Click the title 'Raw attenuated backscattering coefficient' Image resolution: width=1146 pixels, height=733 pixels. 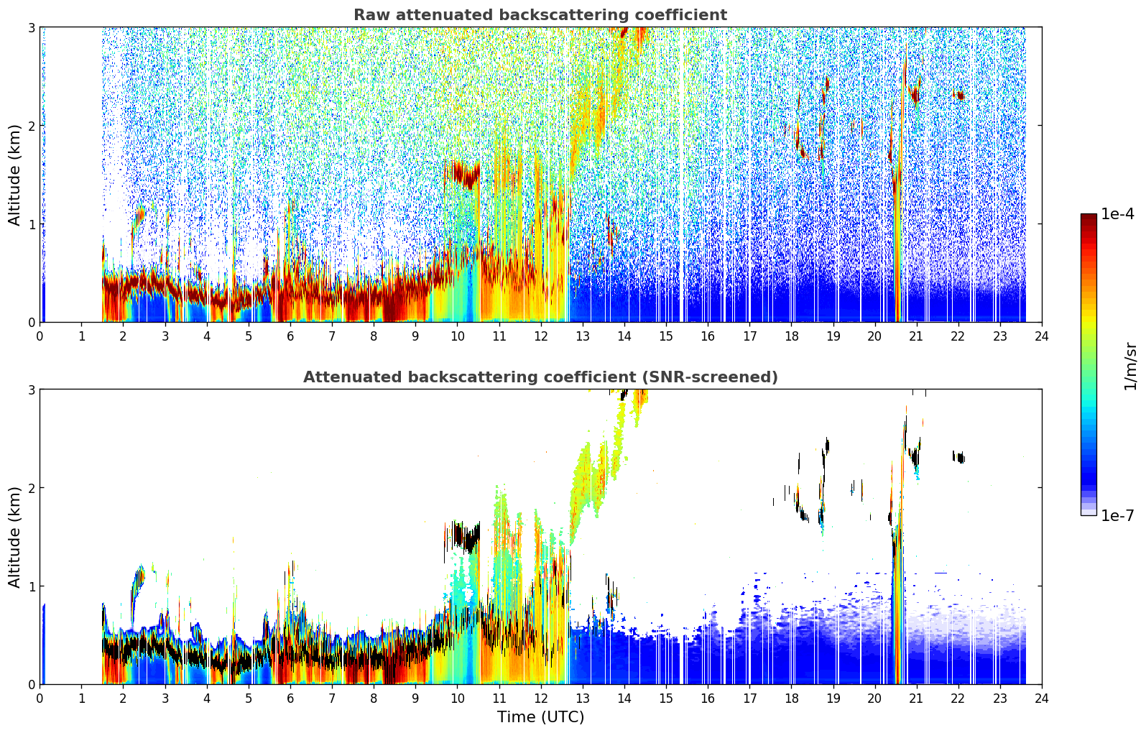coord(540,15)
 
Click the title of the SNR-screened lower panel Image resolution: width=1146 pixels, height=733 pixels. coord(540,377)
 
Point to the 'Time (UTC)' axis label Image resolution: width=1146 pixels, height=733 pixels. coord(540,716)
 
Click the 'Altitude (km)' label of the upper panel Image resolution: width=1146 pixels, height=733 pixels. coord(14,175)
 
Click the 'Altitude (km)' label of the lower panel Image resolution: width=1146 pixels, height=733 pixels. coord(14,537)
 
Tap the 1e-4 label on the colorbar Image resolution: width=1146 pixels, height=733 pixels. coord(1117,214)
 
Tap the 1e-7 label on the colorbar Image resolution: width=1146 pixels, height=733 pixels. coord(1117,515)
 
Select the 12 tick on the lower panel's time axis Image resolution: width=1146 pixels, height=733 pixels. coord(541,699)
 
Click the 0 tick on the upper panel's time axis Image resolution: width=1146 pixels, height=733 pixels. coord(40,336)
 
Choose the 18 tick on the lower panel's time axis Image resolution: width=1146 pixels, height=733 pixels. coord(792,699)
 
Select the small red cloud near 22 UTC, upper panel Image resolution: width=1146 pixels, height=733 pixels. coord(959,95)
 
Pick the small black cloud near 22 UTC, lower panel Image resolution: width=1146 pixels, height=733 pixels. coord(959,457)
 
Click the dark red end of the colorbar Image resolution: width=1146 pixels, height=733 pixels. coord(1089,217)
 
